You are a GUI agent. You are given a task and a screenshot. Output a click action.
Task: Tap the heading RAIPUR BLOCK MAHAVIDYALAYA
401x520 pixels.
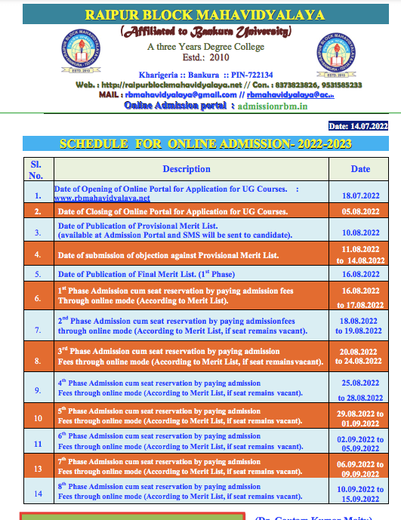coord(205,14)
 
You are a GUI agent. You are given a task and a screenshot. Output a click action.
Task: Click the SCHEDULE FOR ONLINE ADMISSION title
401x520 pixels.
coord(205,143)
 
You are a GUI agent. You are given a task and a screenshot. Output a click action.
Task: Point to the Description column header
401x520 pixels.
coord(187,169)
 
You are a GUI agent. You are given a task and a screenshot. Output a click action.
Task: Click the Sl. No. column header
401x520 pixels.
coord(36,169)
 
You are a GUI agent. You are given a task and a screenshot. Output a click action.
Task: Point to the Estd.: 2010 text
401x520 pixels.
coord(204,58)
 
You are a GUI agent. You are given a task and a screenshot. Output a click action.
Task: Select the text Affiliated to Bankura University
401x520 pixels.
coord(204,32)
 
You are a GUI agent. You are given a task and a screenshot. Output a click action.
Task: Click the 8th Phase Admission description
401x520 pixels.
coord(159,491)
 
